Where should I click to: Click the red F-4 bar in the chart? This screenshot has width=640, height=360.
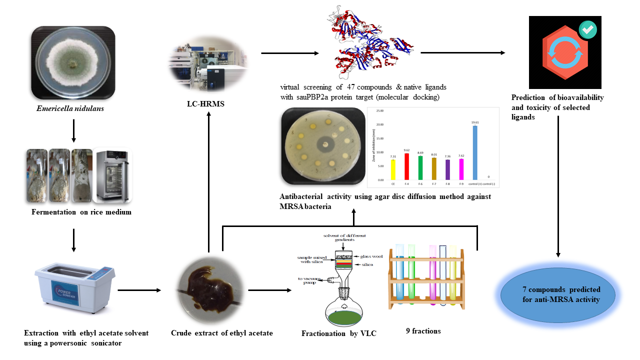pyautogui.click(x=407, y=166)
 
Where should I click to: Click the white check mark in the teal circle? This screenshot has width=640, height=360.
pyautogui.click(x=587, y=30)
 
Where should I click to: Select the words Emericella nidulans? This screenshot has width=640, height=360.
pyautogui.click(x=73, y=108)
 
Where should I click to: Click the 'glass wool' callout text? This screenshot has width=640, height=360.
pyautogui.click(x=371, y=256)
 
